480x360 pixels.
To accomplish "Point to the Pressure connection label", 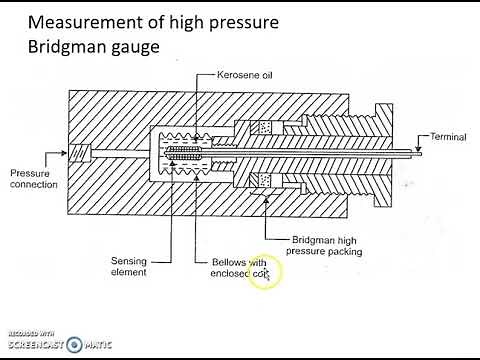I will coord(33,177).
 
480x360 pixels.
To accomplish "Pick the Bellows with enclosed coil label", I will coord(237,268).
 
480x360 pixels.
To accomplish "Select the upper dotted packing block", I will coord(265,128).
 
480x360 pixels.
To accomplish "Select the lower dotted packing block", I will coord(265,180).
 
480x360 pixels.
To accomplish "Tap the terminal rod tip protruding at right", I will coord(420,154).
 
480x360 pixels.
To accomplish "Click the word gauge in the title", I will coord(141,47).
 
